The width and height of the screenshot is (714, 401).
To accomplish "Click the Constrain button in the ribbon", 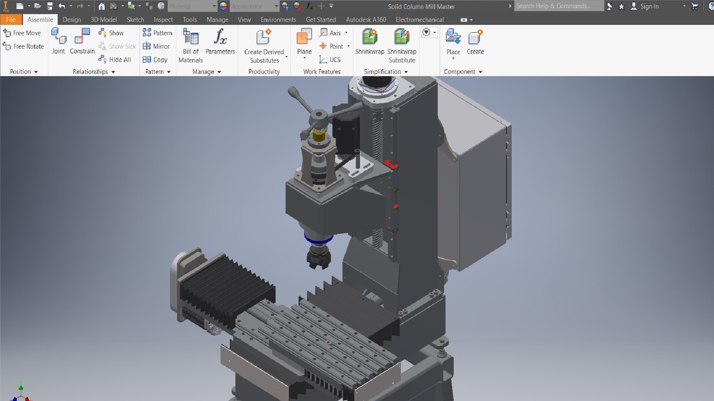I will tap(82, 41).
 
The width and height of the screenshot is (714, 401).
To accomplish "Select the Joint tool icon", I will tap(58, 41).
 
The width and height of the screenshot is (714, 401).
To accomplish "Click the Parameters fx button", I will tap(220, 41).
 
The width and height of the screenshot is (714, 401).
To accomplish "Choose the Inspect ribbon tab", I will tap(163, 20).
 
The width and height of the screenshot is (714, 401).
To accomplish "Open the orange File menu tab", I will tap(11, 20).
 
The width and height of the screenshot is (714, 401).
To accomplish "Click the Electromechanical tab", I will tap(419, 20).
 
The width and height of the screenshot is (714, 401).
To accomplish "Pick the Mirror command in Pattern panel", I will tap(157, 46).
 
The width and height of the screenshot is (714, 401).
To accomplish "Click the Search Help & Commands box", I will tap(558, 6).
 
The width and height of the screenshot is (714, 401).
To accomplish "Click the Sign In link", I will tap(649, 6).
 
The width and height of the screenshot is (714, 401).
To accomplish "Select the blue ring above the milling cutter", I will tap(318, 239).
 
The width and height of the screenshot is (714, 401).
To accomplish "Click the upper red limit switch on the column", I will tap(390, 164).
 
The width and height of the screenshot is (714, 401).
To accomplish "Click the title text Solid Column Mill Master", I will tap(421, 7).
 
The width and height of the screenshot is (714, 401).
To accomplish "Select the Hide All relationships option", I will tap(115, 60).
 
